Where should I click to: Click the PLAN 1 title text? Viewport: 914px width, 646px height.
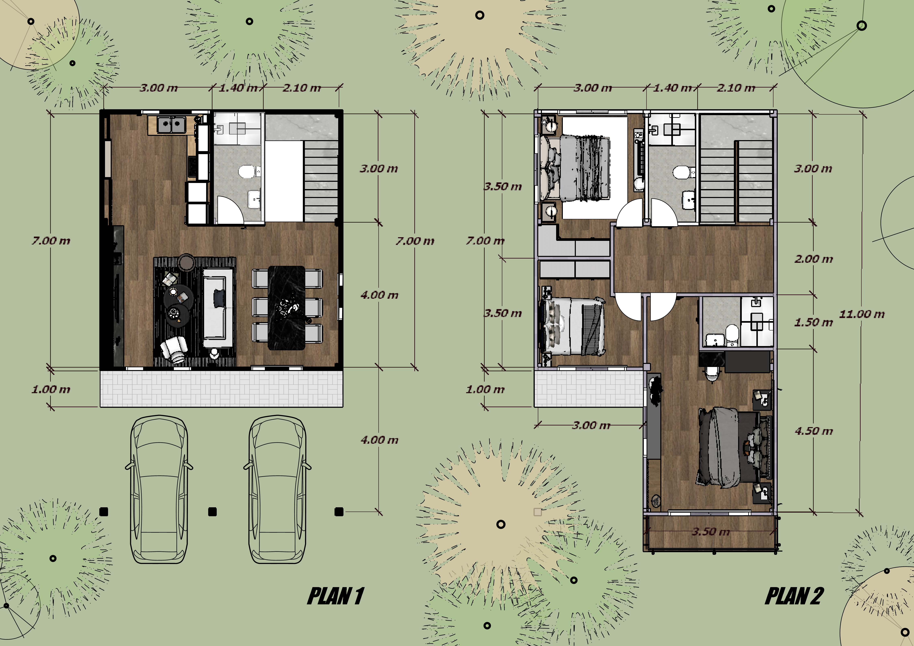tap(336, 596)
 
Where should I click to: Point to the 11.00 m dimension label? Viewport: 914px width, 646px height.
tap(862, 314)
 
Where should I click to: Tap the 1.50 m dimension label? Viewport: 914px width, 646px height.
tap(813, 322)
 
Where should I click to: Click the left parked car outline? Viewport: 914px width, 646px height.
tap(159, 489)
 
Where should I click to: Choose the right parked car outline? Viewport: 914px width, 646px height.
tap(277, 489)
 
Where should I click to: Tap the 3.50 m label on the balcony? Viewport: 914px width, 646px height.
tap(711, 531)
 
